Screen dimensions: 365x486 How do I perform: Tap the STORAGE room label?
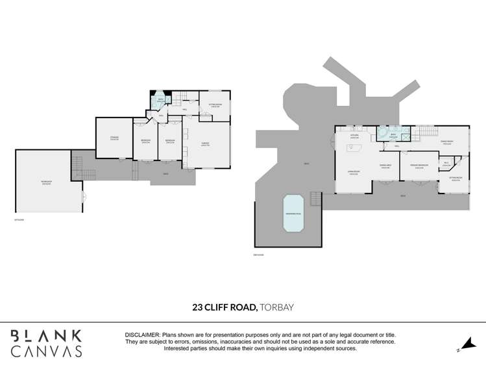tap(114, 138)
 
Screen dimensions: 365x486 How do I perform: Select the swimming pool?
tap(293, 214)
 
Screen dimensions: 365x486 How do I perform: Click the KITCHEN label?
tap(354, 136)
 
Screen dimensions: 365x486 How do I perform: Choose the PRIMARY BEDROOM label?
tap(419, 166)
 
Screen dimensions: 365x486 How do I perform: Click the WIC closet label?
tap(446, 164)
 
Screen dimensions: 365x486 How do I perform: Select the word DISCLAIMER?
tap(142, 334)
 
